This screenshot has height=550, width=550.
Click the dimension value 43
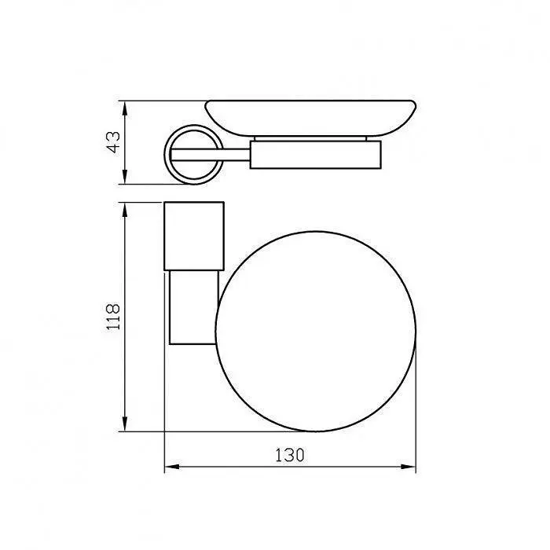point(113,142)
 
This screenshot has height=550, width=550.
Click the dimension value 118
point(113,316)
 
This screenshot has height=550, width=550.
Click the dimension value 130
point(290,455)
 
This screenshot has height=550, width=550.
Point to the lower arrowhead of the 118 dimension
point(124,423)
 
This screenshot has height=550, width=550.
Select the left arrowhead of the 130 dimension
point(172,467)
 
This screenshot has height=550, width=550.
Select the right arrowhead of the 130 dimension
point(408,467)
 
